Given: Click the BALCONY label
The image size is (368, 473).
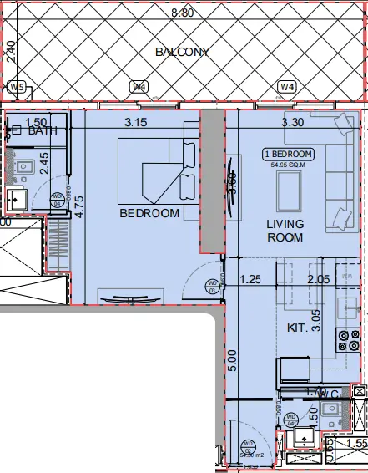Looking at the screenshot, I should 181,53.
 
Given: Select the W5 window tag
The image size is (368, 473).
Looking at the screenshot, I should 16,87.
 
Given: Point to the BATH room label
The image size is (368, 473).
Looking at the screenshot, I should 42,131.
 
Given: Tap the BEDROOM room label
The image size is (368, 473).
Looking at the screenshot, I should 149,213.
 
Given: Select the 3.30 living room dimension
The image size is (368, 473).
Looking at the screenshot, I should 292,123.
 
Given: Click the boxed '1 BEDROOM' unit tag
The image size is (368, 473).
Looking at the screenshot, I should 288,155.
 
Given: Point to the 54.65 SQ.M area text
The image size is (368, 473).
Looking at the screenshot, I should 288,165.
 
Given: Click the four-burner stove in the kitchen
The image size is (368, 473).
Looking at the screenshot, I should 346,338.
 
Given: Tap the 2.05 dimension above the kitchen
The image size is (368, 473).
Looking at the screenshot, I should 319,279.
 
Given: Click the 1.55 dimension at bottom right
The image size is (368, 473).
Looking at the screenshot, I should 356,444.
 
